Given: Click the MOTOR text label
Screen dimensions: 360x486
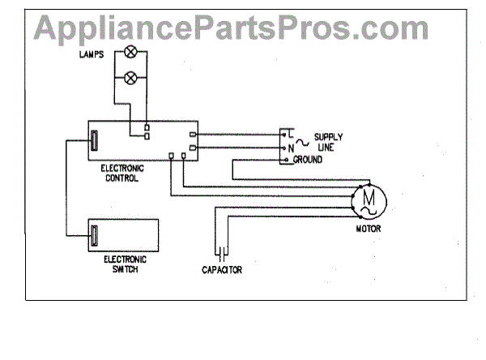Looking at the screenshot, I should (369, 229).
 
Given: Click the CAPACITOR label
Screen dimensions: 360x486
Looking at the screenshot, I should (221, 269).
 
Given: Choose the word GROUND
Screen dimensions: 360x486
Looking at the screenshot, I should (308, 160).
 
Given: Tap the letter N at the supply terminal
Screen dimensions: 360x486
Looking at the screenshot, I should (289, 149).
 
